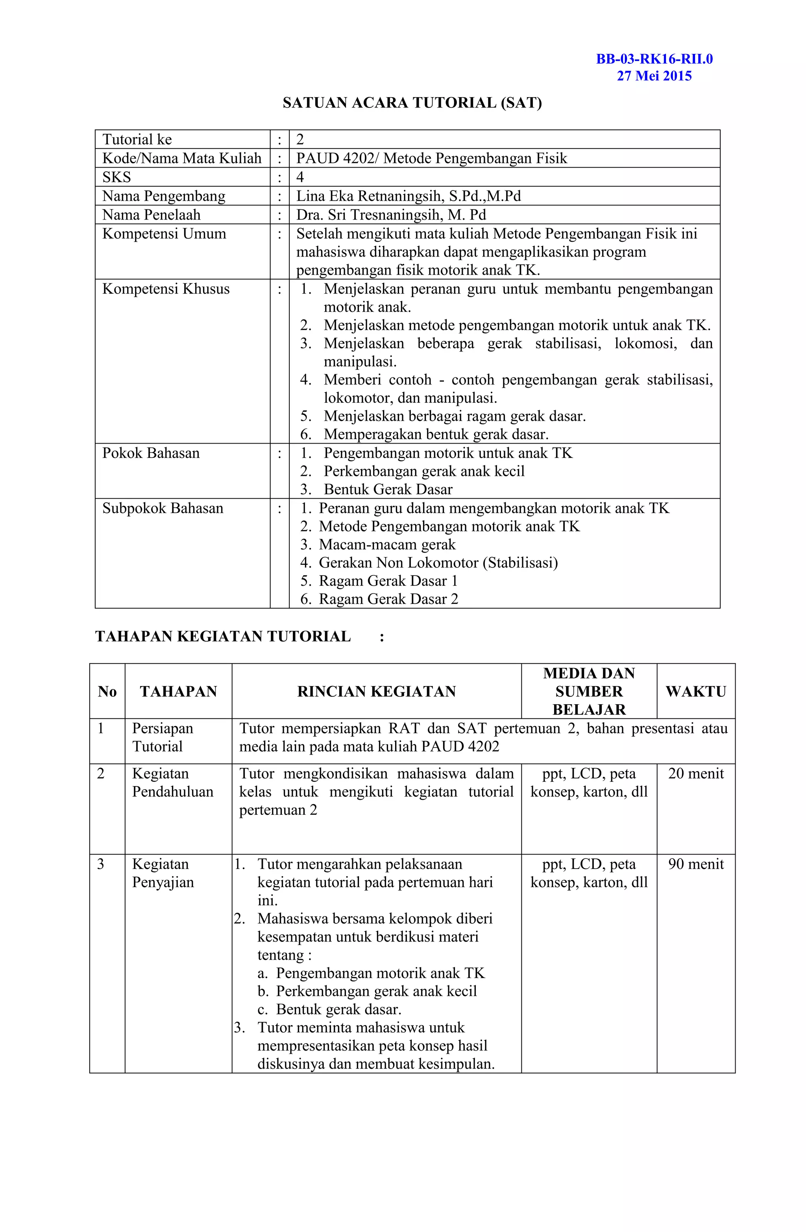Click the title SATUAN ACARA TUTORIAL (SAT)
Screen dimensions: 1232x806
(412, 103)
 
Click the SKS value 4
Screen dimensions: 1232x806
(300, 177)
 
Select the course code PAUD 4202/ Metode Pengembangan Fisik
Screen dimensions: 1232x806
(431, 158)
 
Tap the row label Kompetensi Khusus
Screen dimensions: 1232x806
(166, 289)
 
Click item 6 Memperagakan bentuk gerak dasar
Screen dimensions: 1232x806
(435, 434)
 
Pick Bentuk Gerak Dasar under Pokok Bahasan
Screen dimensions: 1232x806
(388, 489)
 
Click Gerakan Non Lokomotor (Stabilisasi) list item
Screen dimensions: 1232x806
(438, 563)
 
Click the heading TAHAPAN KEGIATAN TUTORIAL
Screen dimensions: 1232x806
(223, 636)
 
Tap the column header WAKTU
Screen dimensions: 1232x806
(695, 691)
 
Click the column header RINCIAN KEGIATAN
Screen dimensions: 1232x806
(376, 691)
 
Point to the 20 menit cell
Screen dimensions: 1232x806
(695, 773)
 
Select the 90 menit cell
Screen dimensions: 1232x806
(695, 864)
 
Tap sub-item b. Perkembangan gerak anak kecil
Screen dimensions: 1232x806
(376, 991)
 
